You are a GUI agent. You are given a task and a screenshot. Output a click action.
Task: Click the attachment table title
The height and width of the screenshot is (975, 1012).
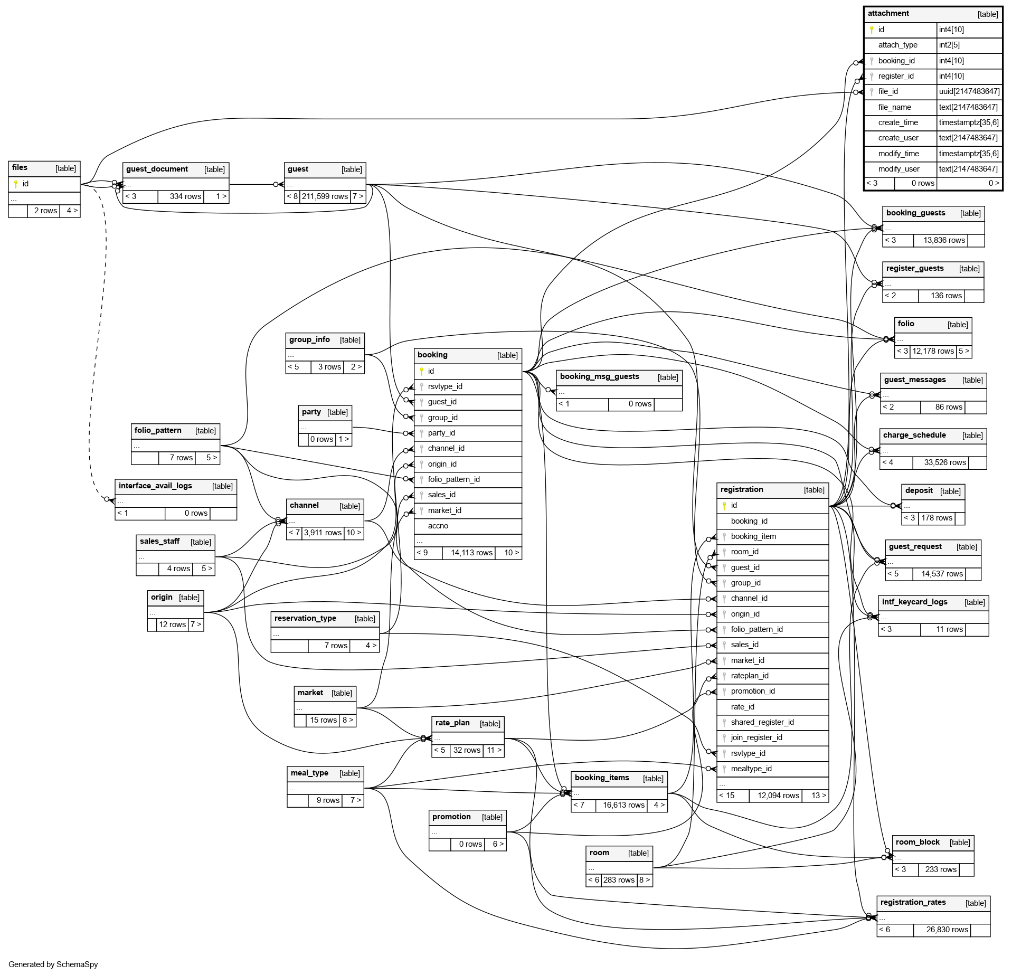pyautogui.click(x=888, y=14)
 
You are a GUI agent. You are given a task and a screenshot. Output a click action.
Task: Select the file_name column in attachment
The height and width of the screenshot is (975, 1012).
pyautogui.click(x=894, y=107)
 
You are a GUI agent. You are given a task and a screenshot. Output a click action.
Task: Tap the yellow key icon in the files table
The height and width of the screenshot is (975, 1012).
pyautogui.click(x=16, y=184)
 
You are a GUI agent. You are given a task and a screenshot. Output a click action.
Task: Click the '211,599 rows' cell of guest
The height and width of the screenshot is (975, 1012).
pyautogui.click(x=325, y=196)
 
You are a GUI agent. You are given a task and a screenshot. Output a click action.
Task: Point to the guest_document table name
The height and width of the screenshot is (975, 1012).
pyautogui.click(x=157, y=169)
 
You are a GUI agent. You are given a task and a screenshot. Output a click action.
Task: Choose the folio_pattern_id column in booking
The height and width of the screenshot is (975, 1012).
pyautogui.click(x=453, y=479)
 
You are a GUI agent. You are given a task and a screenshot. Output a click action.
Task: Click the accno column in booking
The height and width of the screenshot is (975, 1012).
pyautogui.click(x=438, y=526)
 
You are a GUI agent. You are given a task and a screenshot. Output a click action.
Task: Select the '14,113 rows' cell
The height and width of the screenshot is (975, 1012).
pyautogui.click(x=471, y=553)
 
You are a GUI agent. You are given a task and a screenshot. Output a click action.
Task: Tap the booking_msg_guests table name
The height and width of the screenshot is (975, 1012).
pyautogui.click(x=599, y=377)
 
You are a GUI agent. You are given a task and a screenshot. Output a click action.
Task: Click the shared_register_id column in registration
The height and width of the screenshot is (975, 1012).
pyautogui.click(x=762, y=722)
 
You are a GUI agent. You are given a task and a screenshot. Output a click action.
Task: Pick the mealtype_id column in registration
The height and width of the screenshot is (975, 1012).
pyautogui.click(x=751, y=769)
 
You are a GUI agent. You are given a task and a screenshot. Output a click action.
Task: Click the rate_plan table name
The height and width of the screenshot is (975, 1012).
pyautogui.click(x=452, y=723)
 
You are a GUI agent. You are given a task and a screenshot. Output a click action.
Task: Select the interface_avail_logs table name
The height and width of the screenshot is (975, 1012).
pyautogui.click(x=155, y=486)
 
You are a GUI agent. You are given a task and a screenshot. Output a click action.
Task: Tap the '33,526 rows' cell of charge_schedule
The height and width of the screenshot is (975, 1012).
pyautogui.click(x=945, y=462)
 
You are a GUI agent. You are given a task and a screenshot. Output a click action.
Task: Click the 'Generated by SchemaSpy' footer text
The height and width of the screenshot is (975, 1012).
pyautogui.click(x=53, y=964)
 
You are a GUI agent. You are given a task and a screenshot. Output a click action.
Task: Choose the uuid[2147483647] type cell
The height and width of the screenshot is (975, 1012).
pyautogui.click(x=969, y=91)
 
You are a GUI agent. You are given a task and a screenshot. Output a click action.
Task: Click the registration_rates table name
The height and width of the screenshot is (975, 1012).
pyautogui.click(x=913, y=903)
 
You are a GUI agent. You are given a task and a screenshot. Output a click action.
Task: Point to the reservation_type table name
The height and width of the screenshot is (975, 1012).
pyautogui.click(x=305, y=619)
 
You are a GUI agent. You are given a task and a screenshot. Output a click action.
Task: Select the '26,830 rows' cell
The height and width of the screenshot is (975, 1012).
pyautogui.click(x=947, y=930)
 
